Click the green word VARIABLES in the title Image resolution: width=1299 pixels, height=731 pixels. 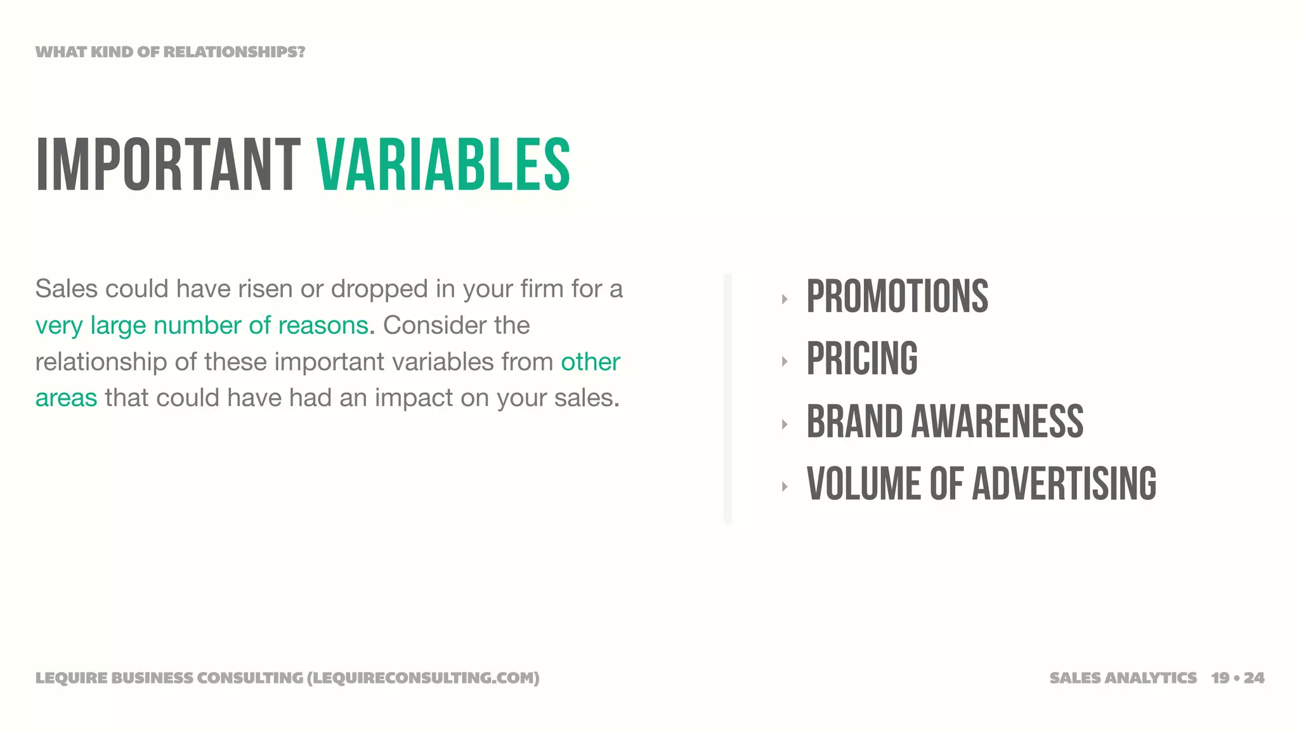443,164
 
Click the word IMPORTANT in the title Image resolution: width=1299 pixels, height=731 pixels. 168,164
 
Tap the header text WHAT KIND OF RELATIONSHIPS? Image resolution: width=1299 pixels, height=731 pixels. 170,52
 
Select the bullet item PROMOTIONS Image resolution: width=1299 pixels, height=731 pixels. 897,296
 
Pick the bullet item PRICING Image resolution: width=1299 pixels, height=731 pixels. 862,359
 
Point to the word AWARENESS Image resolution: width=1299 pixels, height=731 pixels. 997,421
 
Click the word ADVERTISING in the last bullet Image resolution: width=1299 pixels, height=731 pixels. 1064,484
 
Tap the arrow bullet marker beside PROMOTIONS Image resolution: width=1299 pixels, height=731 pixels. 785,299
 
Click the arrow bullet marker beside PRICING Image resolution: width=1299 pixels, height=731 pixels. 785,362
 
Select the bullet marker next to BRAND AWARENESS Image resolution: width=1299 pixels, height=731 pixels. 785,425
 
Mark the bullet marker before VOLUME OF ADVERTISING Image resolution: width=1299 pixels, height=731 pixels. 785,487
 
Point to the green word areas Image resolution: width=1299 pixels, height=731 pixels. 66,398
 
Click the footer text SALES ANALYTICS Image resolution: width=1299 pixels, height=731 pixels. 1123,678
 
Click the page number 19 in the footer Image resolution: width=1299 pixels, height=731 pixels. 1220,678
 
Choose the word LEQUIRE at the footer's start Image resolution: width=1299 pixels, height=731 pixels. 71,678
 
